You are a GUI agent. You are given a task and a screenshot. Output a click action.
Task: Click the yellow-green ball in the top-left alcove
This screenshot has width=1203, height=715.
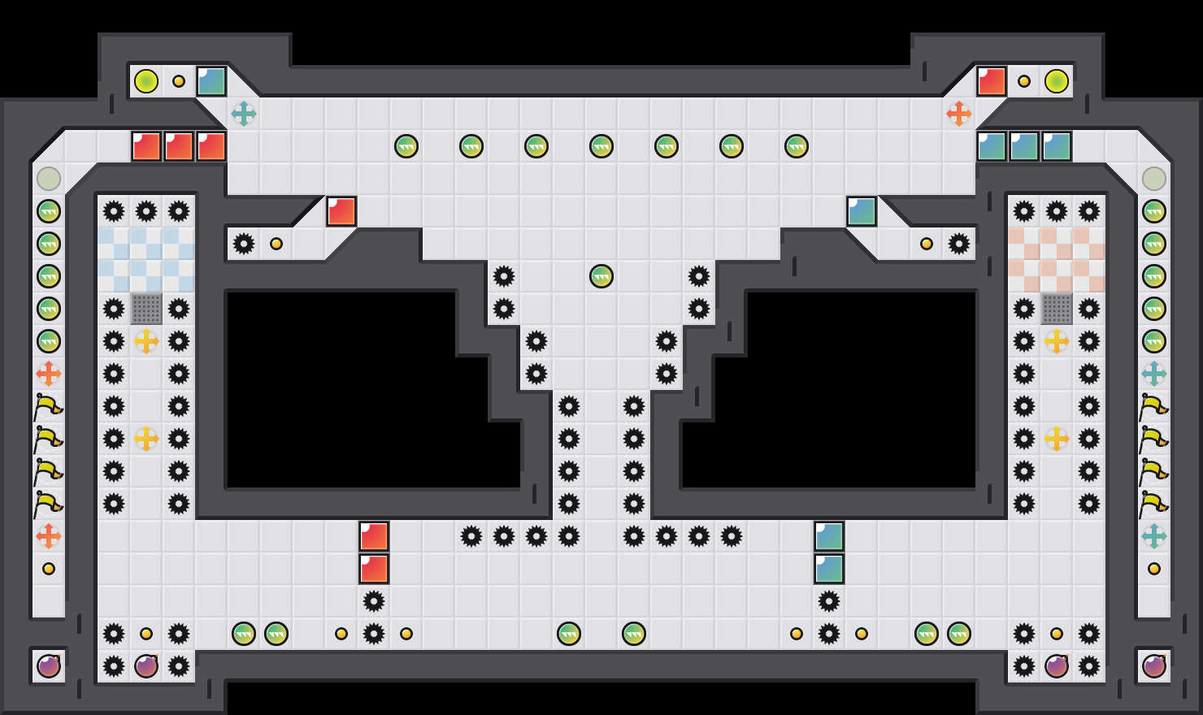point(146,81)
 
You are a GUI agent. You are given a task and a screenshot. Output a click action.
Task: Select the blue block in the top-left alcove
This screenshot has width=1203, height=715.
point(211,81)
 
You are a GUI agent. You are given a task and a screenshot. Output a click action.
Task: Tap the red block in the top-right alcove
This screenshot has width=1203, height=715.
point(992,81)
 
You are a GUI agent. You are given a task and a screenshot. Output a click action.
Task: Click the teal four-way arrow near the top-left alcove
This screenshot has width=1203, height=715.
point(244,114)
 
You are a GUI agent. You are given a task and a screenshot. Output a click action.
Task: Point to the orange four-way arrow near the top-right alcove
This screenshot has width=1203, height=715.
point(959,114)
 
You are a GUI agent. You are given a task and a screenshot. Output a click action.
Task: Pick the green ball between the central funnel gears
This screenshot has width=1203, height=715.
point(601,276)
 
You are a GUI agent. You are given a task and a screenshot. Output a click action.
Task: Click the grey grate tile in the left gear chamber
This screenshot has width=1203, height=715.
point(146,309)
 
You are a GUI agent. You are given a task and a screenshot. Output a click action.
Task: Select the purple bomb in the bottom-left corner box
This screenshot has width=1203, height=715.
point(49,666)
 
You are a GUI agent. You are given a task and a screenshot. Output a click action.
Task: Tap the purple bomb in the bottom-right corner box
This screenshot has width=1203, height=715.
point(1154,666)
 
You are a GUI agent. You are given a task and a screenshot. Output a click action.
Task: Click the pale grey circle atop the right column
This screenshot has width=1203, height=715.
point(1154,179)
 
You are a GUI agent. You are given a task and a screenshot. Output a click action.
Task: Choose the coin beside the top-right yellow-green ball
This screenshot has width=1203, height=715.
point(1024,81)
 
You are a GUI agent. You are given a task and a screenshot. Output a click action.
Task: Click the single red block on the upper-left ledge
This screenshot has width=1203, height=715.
point(341,211)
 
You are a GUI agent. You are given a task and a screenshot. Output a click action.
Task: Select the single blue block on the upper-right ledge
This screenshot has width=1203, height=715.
point(862,211)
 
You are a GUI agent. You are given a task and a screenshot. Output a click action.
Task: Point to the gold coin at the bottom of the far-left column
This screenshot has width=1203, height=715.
point(49,569)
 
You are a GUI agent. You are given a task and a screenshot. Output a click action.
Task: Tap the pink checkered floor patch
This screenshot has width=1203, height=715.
point(1057,260)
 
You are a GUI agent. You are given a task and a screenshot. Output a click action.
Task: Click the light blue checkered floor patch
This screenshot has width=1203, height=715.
point(146,260)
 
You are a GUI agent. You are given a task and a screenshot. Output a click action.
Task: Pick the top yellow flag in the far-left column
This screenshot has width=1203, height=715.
point(49,406)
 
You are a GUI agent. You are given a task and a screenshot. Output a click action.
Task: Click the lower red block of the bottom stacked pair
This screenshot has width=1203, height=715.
point(374,569)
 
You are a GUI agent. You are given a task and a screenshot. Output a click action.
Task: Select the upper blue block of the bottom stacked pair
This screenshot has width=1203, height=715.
point(829,536)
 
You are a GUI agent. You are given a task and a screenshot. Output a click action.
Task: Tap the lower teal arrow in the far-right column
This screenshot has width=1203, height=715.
point(1154,536)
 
